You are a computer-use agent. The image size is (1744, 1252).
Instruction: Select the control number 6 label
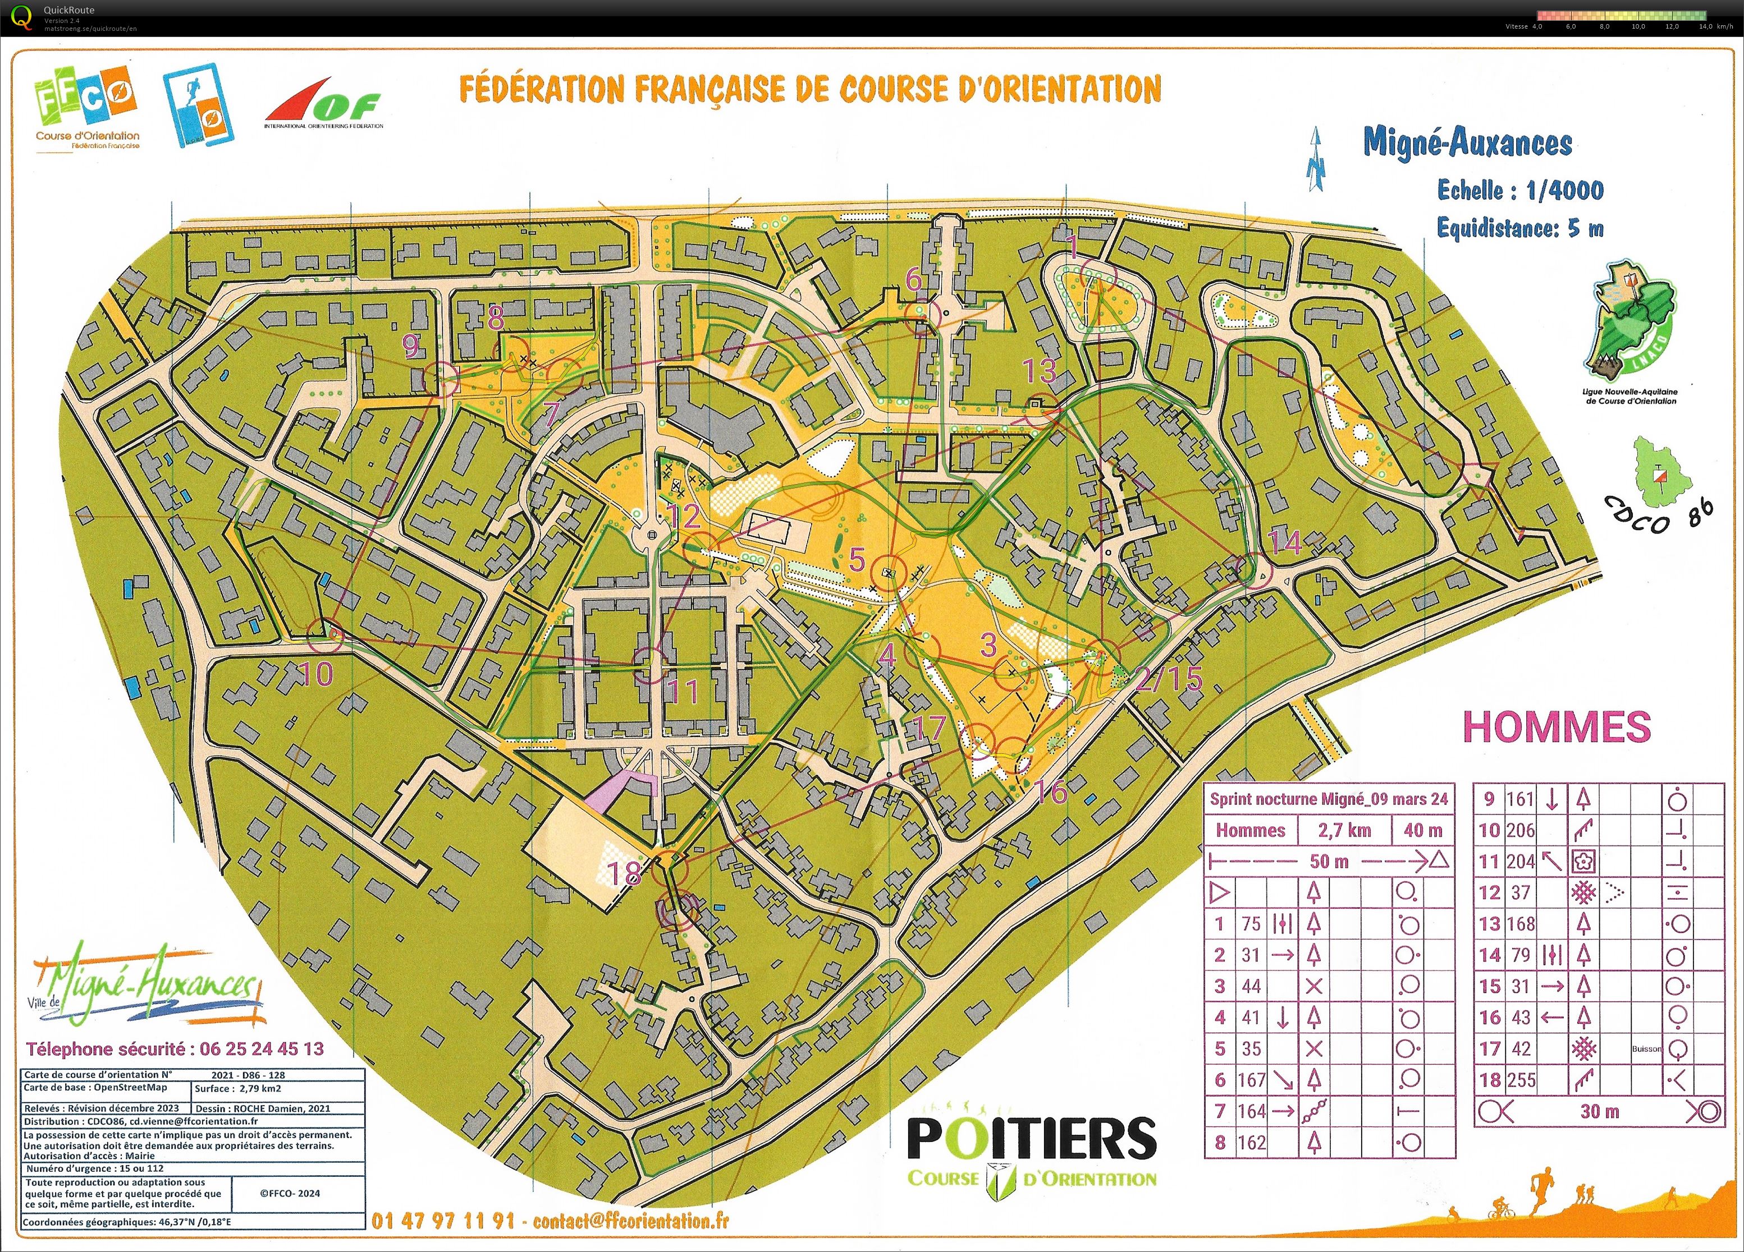pyautogui.click(x=913, y=279)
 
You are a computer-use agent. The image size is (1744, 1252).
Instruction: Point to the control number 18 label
pyautogui.click(x=624, y=874)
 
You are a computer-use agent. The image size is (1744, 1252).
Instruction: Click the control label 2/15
pyautogui.click(x=1169, y=678)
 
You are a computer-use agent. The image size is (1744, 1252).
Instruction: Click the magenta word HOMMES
pyautogui.click(x=1557, y=726)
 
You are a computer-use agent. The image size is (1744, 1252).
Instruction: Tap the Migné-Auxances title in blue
pyautogui.click(x=1467, y=143)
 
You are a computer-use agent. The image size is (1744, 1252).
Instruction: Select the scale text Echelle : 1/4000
pyautogui.click(x=1520, y=190)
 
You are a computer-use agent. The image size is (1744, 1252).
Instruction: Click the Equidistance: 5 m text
pyautogui.click(x=1520, y=228)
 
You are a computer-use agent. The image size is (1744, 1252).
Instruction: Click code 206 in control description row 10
pyautogui.click(x=1520, y=830)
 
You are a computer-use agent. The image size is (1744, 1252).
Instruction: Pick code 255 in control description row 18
pyautogui.click(x=1520, y=1080)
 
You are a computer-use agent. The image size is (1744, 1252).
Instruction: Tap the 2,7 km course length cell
pyautogui.click(x=1344, y=830)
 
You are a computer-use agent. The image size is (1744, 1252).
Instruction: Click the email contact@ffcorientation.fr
pyautogui.click(x=630, y=1221)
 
